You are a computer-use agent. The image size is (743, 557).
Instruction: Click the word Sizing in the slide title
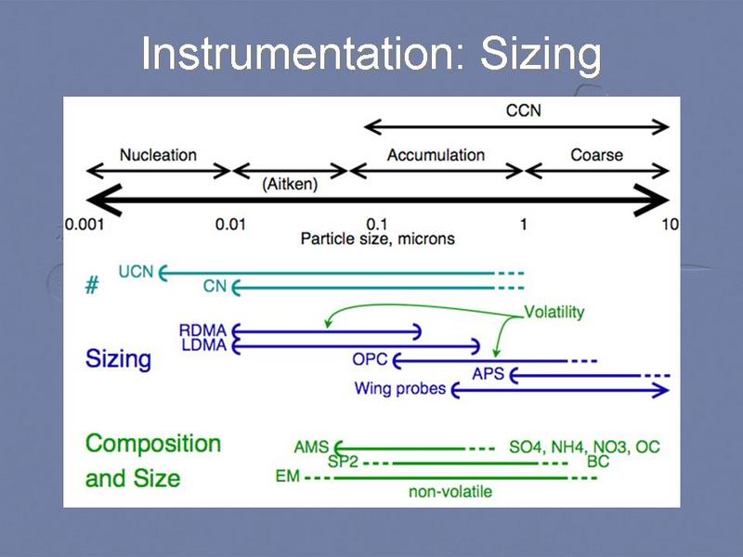click(541, 55)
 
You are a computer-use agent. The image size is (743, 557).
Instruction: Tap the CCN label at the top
click(523, 110)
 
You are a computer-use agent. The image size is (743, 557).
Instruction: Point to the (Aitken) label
click(289, 184)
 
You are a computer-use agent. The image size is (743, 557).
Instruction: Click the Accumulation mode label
click(436, 154)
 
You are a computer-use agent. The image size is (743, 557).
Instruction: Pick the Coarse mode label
click(596, 154)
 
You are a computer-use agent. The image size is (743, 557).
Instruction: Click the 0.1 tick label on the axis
click(376, 224)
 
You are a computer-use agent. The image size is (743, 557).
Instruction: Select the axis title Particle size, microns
click(377, 239)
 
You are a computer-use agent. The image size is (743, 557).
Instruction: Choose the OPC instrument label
click(368, 359)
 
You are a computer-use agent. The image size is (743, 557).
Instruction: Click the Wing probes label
click(400, 389)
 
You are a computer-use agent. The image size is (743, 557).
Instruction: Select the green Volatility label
click(554, 312)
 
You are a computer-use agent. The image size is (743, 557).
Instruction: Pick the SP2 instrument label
click(343, 461)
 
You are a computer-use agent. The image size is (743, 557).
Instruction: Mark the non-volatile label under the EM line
click(450, 491)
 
